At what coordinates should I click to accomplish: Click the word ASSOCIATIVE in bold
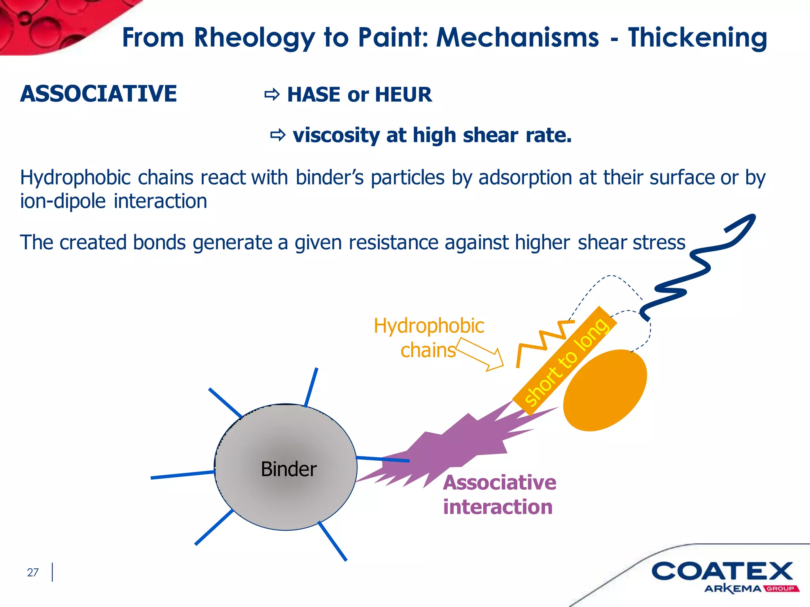98,94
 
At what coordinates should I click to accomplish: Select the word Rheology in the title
254,38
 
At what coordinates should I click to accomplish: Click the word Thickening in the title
697,38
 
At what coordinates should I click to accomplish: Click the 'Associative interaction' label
499,495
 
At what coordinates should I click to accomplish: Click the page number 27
33,572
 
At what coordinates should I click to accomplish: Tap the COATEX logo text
722,571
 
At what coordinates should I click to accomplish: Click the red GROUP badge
781,589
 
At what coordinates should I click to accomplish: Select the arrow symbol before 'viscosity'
278,135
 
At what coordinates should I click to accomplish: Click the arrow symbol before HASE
272,95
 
